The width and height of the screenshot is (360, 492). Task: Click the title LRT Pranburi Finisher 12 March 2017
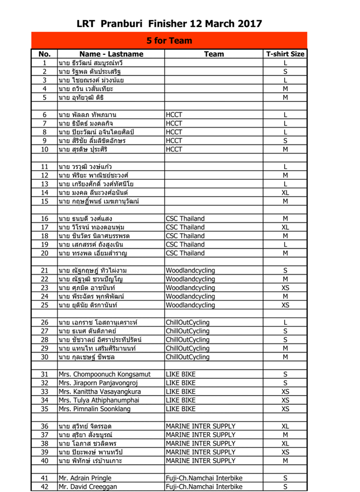[169, 24]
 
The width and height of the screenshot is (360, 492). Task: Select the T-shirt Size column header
[285, 54]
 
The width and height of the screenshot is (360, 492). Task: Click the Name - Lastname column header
[111, 54]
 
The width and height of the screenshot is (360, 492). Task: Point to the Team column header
[214, 54]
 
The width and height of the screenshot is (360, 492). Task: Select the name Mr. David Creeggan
[88, 486]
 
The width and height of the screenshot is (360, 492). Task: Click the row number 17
[45, 227]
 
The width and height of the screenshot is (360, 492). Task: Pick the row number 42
[45, 486]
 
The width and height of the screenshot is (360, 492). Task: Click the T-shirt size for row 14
[285, 193]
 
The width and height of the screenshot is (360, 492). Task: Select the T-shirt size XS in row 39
[285, 452]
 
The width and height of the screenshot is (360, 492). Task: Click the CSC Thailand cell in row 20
[185, 253]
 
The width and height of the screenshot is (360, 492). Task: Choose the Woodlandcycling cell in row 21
[190, 271]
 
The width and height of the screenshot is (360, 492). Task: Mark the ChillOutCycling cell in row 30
[188, 357]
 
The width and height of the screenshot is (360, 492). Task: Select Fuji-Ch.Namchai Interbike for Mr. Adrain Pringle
[204, 478]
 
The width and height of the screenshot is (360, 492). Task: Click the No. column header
[45, 54]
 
